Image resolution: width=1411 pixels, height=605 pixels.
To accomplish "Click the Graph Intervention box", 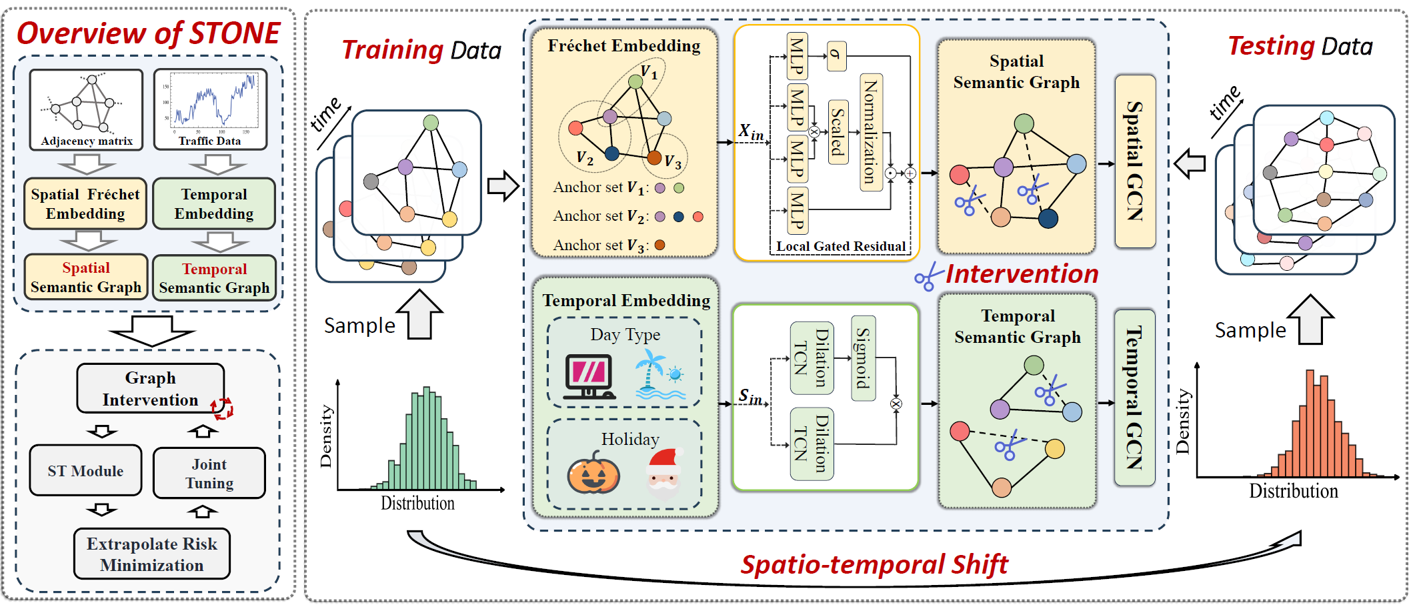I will click(x=150, y=388).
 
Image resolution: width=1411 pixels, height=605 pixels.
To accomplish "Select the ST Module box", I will click(x=85, y=471).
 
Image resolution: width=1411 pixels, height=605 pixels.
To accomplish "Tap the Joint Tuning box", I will click(x=209, y=474).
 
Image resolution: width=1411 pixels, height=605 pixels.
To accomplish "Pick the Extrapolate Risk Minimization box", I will click(x=152, y=554).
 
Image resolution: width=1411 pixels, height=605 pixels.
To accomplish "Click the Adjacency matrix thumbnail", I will click(x=86, y=109).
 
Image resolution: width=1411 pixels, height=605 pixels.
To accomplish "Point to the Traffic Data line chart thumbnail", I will click(x=211, y=109).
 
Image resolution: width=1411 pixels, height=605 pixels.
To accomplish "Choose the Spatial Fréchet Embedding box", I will click(x=85, y=203).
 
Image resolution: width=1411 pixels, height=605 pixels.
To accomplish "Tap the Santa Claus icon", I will click(x=663, y=473).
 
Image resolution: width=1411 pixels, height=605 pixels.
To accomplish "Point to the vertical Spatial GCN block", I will click(x=1135, y=161).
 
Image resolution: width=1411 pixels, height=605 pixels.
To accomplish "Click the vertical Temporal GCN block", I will click(x=1134, y=398).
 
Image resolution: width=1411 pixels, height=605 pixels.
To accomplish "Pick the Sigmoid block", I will click(x=864, y=358).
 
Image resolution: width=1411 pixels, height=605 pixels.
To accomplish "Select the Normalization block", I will click(x=871, y=132).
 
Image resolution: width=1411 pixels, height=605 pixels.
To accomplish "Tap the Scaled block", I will click(x=838, y=132).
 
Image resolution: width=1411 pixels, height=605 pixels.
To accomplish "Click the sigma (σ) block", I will click(x=836, y=56).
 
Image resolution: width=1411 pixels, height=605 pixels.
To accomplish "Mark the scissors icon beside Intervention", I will click(x=928, y=277).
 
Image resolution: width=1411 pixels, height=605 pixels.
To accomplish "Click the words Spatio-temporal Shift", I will click(x=874, y=565).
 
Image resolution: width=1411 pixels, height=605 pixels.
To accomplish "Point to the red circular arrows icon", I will click(x=222, y=408).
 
